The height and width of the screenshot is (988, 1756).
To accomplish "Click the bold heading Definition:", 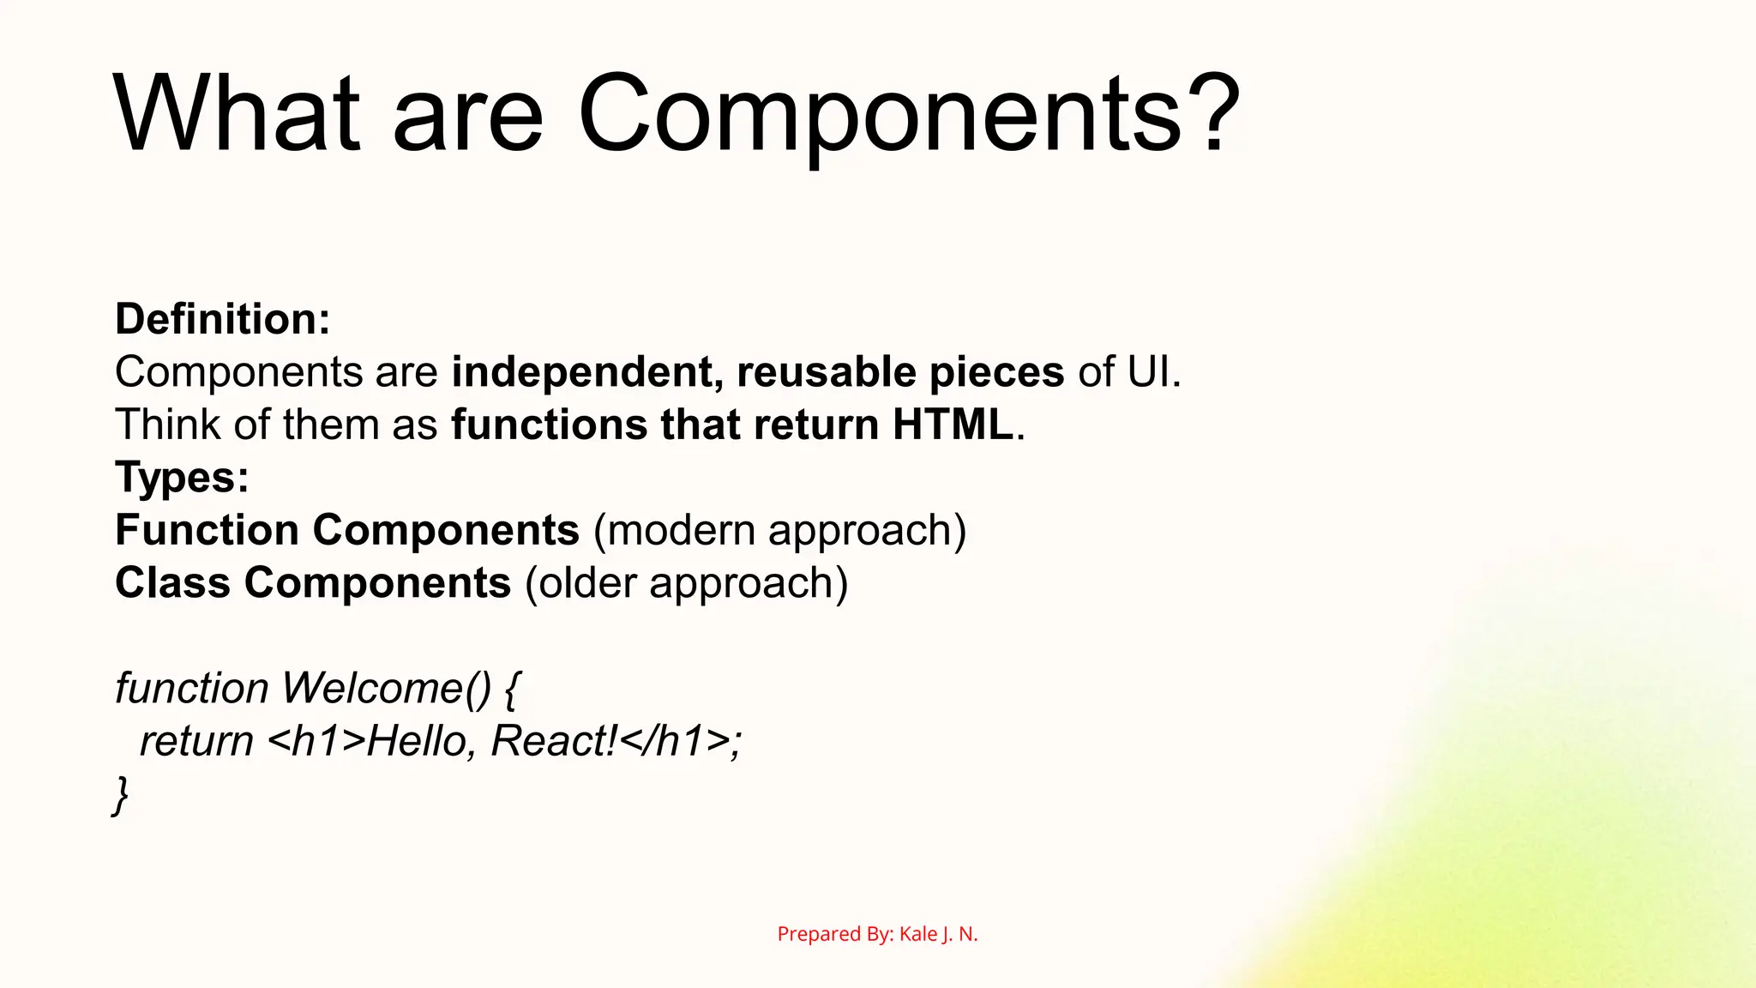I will [x=223, y=319].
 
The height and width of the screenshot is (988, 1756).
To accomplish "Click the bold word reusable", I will [x=827, y=372].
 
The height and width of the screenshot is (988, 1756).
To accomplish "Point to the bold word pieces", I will [x=996, y=372].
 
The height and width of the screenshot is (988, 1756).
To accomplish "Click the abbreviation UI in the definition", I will [x=1149, y=372].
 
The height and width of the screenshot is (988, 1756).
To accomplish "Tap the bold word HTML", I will [x=953, y=425].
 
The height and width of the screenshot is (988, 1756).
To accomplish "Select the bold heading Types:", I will [x=182, y=478].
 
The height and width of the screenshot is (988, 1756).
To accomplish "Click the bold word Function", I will [x=207, y=530].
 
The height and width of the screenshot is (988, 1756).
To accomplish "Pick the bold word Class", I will [x=172, y=583].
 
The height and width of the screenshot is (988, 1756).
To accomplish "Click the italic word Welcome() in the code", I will [x=387, y=689].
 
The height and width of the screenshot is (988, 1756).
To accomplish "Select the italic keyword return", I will [x=196, y=742].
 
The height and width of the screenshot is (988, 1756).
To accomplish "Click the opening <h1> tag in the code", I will [x=316, y=742].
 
